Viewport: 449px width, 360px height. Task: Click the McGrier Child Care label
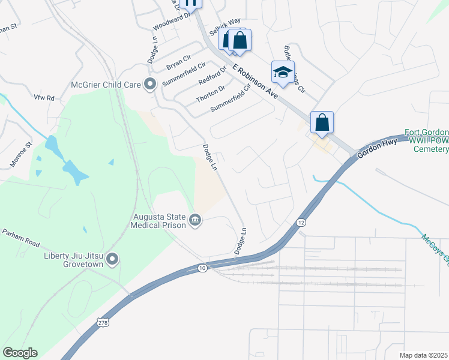click(x=105, y=85)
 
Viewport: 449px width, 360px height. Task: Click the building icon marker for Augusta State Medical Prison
click(x=195, y=220)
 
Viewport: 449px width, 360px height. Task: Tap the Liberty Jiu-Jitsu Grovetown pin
click(x=112, y=259)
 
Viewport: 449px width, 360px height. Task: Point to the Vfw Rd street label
click(x=44, y=98)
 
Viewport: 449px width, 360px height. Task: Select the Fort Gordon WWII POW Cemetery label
click(x=426, y=140)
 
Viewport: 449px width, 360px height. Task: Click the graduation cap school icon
click(x=282, y=73)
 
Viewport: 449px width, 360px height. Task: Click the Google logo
click(x=20, y=353)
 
